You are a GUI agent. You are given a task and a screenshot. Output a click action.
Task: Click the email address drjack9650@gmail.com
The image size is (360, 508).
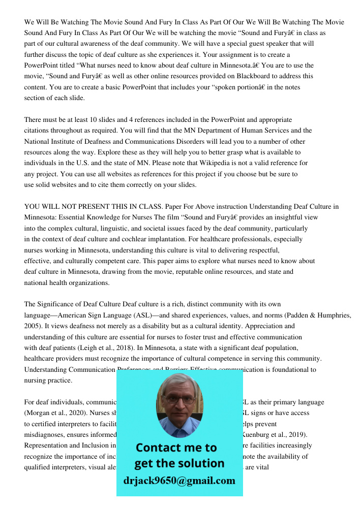pos(179,481)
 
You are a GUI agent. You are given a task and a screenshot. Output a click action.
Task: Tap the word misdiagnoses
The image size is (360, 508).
pos(46,435)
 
